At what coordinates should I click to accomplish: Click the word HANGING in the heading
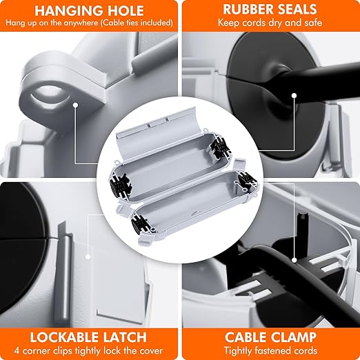click(66, 10)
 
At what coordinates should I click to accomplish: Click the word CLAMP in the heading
click(294, 337)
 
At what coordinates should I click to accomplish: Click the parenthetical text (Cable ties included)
click(137, 23)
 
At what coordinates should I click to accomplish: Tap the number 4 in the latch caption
click(17, 351)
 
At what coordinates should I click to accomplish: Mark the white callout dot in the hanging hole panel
click(75, 106)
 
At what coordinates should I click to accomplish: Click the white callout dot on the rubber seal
click(294, 95)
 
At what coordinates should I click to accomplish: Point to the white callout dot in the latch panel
click(88, 257)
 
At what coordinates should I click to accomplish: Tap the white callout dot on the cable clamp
click(294, 261)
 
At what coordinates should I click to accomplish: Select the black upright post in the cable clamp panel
click(301, 227)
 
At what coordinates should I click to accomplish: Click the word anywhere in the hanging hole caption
click(79, 23)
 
